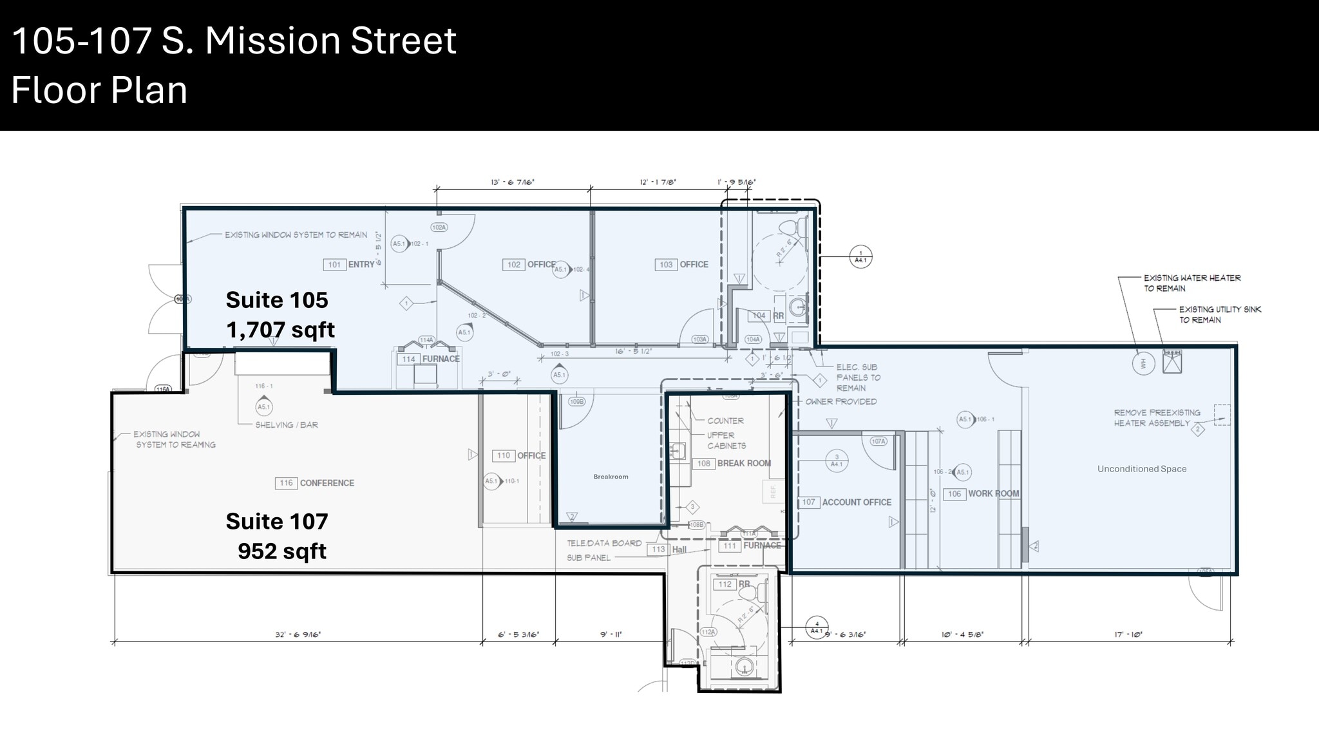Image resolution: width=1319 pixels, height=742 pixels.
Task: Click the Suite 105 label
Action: coord(277,300)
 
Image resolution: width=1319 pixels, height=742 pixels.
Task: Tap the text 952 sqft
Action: coord(282,551)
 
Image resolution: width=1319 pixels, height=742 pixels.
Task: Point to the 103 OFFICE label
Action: coord(683,265)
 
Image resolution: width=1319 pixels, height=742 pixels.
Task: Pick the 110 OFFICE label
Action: coord(520,456)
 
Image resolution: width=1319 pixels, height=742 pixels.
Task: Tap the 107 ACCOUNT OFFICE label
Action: coord(846,502)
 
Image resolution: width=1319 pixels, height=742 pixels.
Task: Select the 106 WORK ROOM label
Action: coord(983,494)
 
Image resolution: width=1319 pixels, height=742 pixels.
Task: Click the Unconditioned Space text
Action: coord(1142,469)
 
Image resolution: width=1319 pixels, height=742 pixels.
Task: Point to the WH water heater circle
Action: coord(1143,364)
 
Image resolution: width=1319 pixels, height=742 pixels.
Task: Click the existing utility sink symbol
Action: coord(1172,362)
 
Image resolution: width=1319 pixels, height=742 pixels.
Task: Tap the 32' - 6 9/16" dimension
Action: coord(298,635)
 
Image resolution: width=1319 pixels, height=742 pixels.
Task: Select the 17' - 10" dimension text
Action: coord(1128,635)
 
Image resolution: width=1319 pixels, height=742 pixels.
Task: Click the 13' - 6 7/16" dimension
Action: coord(513,183)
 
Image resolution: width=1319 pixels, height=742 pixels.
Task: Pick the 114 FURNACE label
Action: coord(429,359)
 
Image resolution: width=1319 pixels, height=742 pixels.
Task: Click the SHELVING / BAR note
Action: coord(287,425)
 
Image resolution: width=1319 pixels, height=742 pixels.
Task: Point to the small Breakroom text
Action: coord(611,477)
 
